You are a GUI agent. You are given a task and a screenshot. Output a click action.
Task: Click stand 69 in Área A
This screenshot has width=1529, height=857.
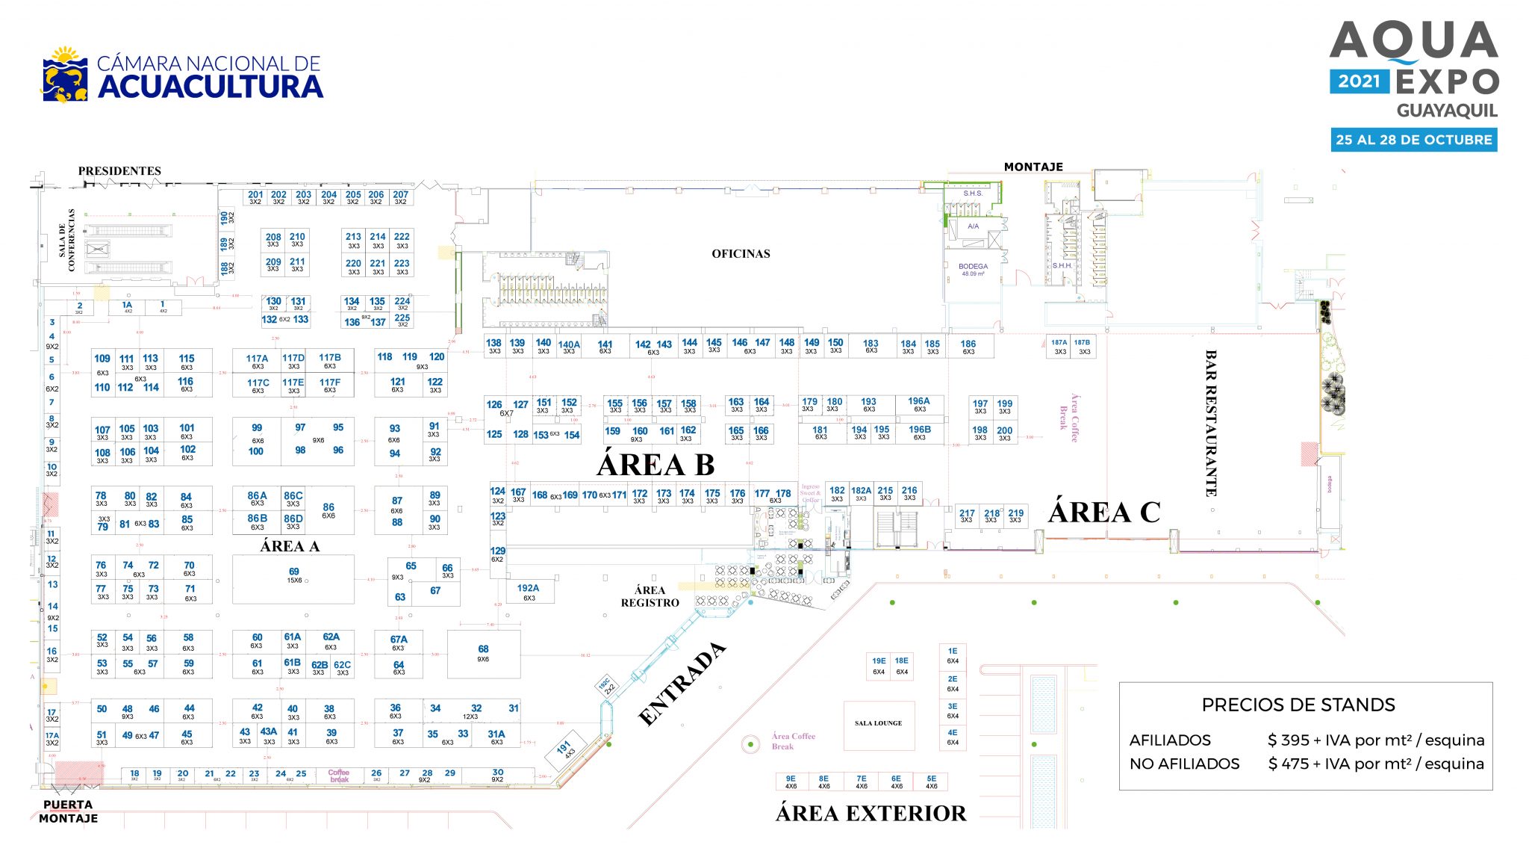[293, 575]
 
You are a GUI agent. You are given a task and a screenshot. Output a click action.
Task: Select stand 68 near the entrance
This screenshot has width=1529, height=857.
[483, 653]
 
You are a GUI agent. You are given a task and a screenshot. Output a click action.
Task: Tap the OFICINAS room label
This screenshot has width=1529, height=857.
[741, 254]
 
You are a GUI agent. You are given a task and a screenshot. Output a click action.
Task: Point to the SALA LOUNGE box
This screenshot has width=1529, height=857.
[878, 724]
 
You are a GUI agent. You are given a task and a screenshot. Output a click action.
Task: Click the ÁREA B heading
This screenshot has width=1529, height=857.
[655, 465]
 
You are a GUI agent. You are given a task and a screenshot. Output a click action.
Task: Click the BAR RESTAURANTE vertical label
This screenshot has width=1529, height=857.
[1210, 423]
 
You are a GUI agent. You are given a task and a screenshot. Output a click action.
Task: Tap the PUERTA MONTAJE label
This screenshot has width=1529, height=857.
[68, 811]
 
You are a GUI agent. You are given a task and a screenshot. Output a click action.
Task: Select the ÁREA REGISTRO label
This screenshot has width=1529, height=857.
[650, 596]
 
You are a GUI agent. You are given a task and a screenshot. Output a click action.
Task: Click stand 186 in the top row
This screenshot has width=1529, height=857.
[968, 347]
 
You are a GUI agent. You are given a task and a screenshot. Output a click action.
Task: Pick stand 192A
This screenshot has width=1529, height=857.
[528, 592]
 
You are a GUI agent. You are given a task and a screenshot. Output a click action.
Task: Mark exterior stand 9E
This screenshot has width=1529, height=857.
[791, 782]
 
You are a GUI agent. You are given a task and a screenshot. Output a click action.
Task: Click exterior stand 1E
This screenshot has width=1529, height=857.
[953, 655]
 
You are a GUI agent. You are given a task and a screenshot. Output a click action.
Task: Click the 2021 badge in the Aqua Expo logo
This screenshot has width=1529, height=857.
[1359, 81]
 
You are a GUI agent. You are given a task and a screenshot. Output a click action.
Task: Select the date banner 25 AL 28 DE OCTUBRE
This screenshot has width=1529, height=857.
[1413, 140]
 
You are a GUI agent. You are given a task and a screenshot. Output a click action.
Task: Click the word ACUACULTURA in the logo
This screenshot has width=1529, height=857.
[211, 87]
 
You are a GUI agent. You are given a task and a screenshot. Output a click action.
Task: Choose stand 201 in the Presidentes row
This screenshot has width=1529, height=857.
[255, 197]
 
